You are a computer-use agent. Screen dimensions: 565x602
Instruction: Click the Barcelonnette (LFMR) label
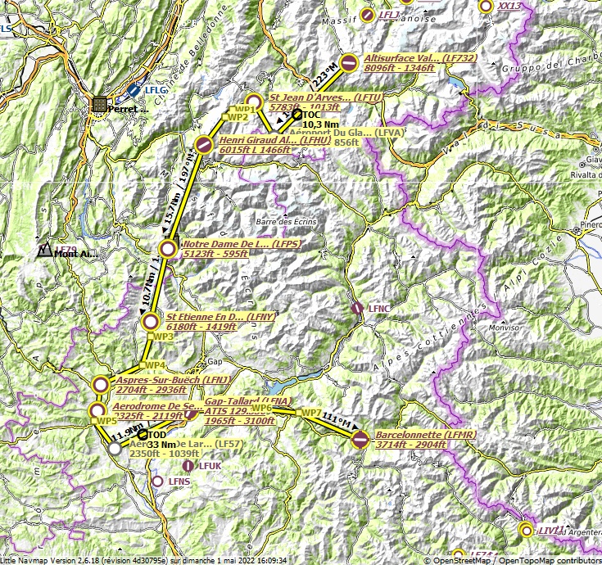coord(416,434)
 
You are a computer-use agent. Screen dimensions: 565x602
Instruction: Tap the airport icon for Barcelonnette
coord(360,440)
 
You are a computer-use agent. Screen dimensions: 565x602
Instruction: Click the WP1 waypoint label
coord(244,109)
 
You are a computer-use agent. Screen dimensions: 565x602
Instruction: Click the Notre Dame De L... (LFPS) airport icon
coord(167,249)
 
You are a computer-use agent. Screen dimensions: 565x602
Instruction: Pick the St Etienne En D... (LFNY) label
coord(210,316)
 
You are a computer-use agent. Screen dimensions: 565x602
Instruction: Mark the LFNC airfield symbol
coord(357,308)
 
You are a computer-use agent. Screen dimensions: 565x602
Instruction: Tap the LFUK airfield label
coord(210,465)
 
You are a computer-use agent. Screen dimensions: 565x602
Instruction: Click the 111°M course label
coord(338,421)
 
